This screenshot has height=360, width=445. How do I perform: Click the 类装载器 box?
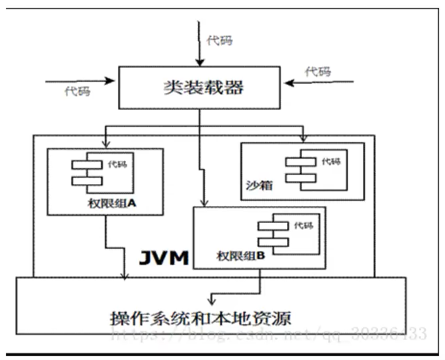200,87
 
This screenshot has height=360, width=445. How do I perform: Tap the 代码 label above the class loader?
220,41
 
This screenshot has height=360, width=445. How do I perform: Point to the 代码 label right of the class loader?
318,71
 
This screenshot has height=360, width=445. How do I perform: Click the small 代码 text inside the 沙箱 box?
331,162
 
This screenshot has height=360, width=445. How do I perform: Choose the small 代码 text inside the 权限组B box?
303,226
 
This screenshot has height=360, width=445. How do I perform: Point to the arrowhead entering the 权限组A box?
106,145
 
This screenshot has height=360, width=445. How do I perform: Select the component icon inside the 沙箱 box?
300,169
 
